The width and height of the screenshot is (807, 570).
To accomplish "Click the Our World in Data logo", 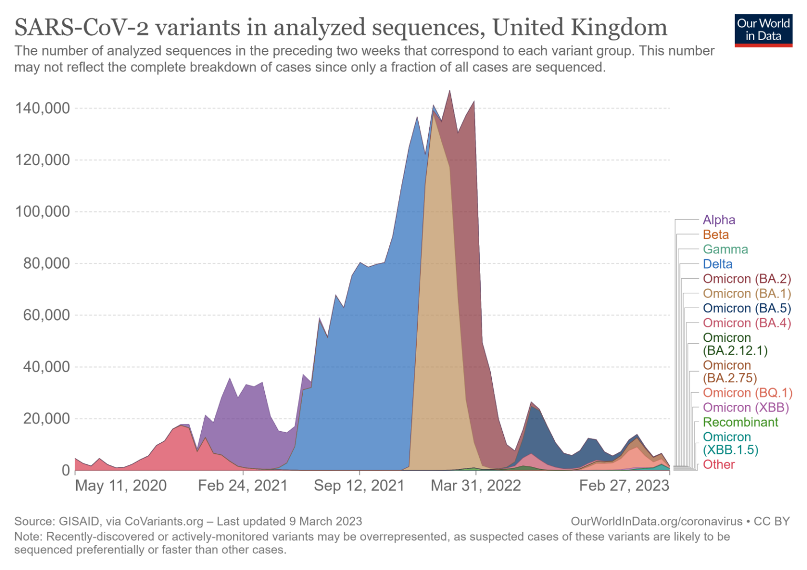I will [x=763, y=30].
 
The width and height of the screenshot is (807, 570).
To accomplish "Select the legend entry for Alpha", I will [x=719, y=220].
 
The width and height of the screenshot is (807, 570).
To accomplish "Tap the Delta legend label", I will [x=717, y=264].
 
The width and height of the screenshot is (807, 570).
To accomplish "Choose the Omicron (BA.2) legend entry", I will [x=747, y=279].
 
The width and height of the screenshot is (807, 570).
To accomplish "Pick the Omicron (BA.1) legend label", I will [x=747, y=293].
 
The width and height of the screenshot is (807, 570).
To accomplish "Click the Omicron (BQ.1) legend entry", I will [x=747, y=393].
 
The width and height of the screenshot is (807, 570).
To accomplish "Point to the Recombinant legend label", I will [x=740, y=422].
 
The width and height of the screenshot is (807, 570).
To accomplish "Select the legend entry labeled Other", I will [x=719, y=464].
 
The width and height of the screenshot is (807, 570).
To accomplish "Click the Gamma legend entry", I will [x=725, y=249].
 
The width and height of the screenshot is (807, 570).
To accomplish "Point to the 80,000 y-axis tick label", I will [x=46, y=263].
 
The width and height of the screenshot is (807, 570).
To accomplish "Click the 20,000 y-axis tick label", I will [x=46, y=419].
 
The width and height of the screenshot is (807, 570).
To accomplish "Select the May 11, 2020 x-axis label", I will [x=121, y=485].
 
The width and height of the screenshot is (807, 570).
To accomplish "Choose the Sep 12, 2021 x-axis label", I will [x=359, y=485].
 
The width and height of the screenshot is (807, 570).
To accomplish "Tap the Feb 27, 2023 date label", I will [x=624, y=485].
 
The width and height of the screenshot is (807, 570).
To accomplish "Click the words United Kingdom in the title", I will [x=580, y=27].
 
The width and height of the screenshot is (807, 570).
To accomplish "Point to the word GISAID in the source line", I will [x=79, y=521].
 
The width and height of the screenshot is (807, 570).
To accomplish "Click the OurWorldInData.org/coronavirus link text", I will [x=656, y=521].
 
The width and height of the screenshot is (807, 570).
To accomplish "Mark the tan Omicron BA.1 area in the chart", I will [x=436, y=315].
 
